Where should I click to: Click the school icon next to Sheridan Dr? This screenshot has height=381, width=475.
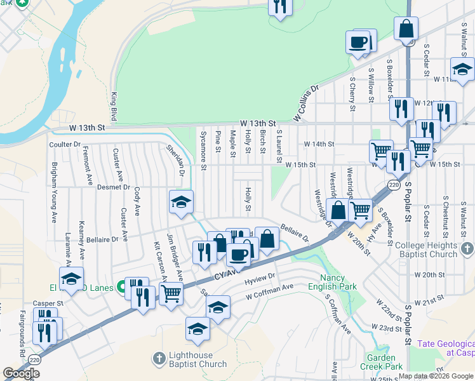181,203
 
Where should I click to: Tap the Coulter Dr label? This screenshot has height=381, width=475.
65,144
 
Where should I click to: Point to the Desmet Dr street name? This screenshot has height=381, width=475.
114,187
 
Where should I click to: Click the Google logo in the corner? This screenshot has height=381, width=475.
21,373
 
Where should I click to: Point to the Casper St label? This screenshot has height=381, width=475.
48,304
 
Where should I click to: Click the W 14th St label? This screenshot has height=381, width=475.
319,144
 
